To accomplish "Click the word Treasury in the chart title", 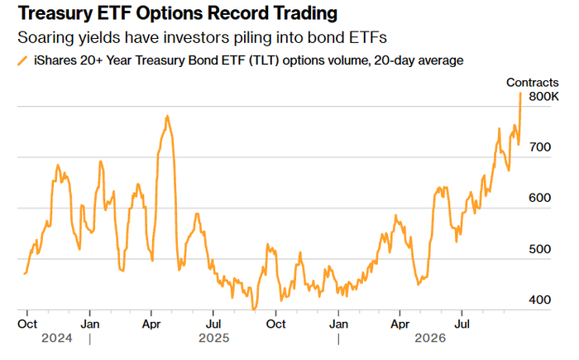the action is click(55, 14).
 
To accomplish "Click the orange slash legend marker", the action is click(22, 60).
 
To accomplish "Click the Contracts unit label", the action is click(532, 83).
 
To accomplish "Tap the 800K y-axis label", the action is click(543, 97).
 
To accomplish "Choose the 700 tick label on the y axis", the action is click(539, 147).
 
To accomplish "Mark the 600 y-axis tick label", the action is click(539, 198).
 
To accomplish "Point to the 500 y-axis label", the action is click(539, 249).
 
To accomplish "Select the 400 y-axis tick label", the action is click(539, 300).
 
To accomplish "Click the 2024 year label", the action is click(57, 338).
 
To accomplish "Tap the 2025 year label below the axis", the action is click(213, 338).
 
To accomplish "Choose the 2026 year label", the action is click(430, 338).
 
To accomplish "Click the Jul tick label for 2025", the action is click(213, 324).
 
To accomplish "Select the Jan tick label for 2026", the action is click(338, 324).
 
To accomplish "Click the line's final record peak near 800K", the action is click(520, 94).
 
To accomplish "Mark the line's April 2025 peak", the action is click(167, 116).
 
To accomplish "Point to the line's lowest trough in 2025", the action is click(254, 310).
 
